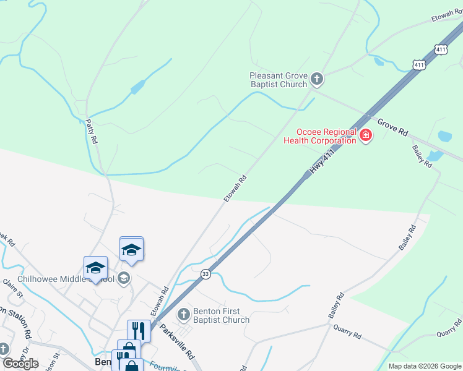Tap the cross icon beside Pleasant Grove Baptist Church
tap(317, 79)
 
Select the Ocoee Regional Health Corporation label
tap(319, 136)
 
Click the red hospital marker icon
tap(365, 135)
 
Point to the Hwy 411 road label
tap(323, 161)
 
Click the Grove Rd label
tap(393, 127)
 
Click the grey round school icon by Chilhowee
tap(124, 278)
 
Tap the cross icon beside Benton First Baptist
tap(183, 315)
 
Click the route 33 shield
tap(206, 273)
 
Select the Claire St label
tap(12, 288)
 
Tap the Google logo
tap(21, 364)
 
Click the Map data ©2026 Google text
tap(425, 366)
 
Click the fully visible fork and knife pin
tap(139, 331)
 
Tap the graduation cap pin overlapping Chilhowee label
tap(95, 268)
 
